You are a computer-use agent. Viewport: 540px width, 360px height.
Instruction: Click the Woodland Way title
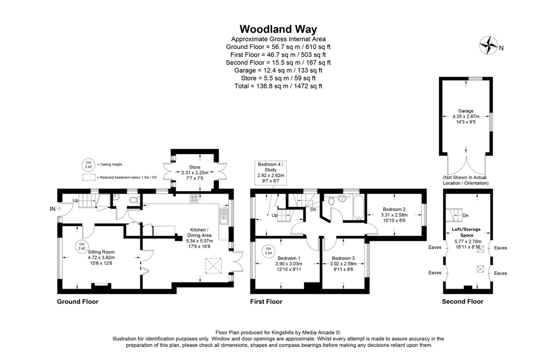pyautogui.click(x=278, y=29)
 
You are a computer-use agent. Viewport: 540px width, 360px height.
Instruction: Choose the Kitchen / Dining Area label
pyautogui.click(x=199, y=236)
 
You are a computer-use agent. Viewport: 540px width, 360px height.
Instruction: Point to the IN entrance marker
pyautogui.click(x=53, y=208)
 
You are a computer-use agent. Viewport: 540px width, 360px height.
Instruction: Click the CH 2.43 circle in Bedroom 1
pyautogui.click(x=268, y=251)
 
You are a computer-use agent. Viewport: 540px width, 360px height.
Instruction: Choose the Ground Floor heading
pyautogui.click(x=77, y=301)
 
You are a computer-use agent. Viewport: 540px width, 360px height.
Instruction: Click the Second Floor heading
pyautogui.click(x=462, y=301)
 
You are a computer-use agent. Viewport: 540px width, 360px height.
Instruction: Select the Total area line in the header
pyautogui.click(x=278, y=86)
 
